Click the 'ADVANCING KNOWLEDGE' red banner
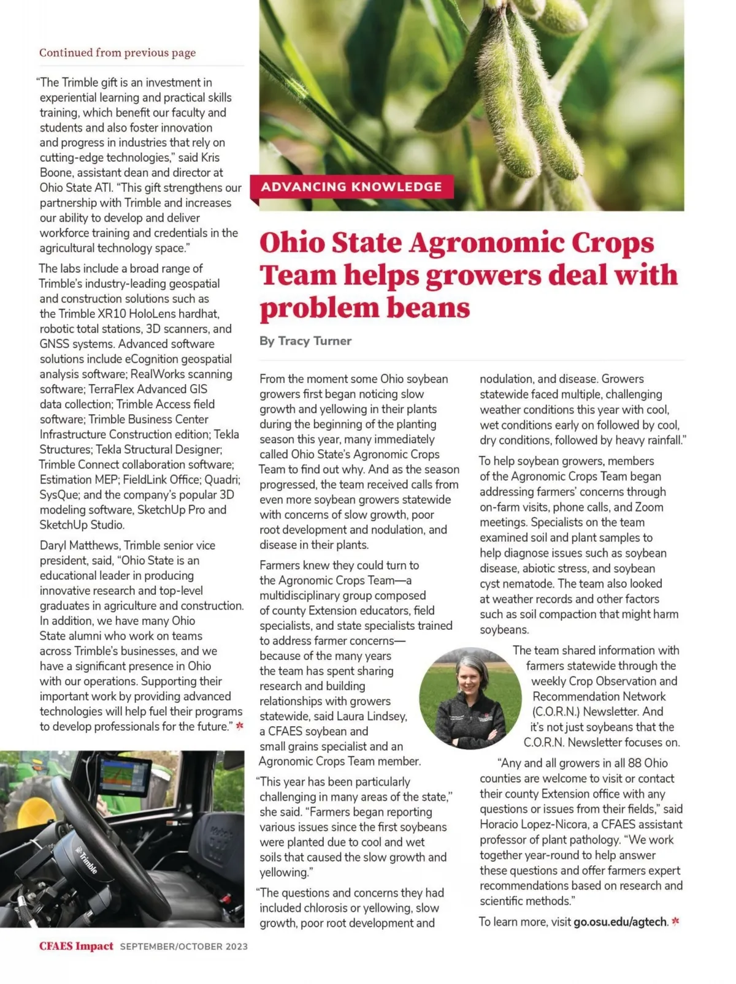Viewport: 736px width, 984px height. [351, 187]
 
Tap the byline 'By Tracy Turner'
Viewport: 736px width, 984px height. [305, 341]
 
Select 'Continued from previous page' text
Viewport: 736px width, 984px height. [117, 53]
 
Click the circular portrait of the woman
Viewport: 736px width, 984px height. [470, 698]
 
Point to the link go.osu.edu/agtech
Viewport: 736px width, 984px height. [620, 922]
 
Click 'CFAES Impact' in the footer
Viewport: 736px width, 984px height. [76, 946]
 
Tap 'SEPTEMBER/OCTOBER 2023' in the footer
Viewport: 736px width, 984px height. [184, 947]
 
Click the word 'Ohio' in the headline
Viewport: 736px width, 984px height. [293, 243]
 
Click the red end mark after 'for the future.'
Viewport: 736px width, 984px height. [240, 726]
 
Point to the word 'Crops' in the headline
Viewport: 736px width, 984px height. [613, 243]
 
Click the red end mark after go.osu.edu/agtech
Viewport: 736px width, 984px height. [676, 921]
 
